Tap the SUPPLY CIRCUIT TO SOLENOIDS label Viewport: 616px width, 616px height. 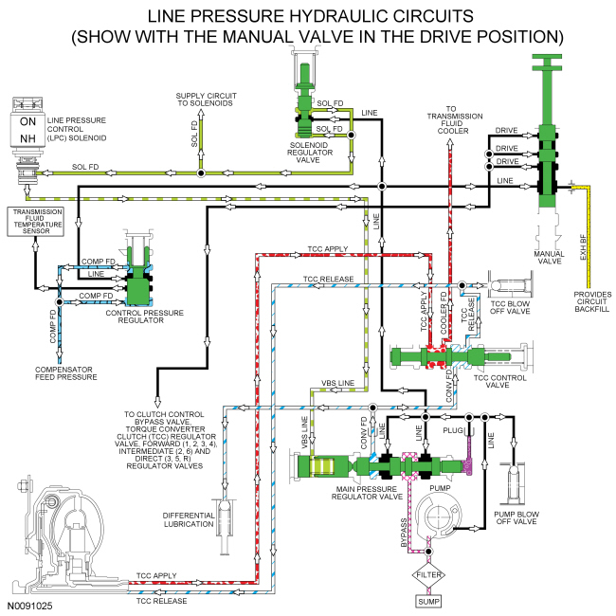(206, 101)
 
